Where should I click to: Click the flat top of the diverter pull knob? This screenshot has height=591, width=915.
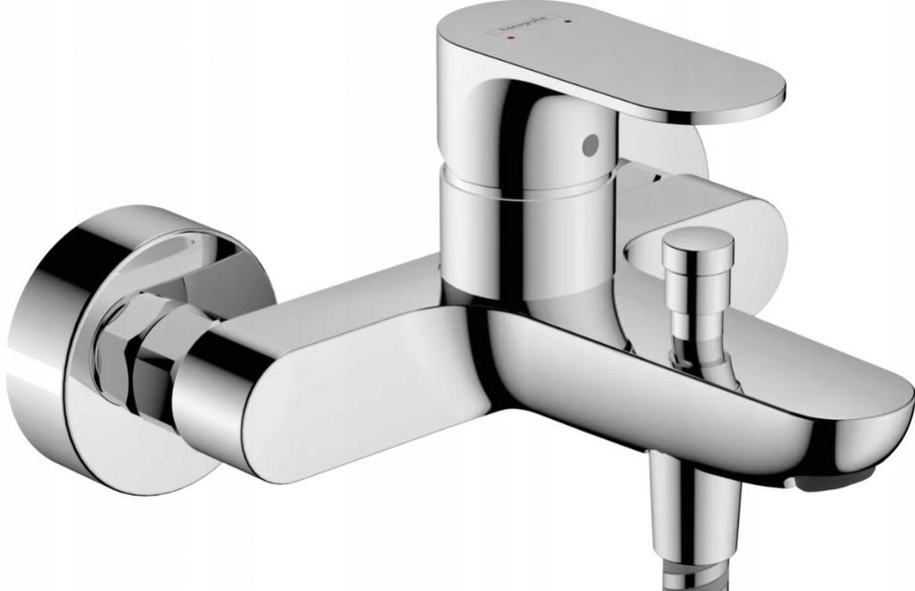[x=697, y=239]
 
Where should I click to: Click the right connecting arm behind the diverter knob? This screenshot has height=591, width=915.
[x=751, y=214]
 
